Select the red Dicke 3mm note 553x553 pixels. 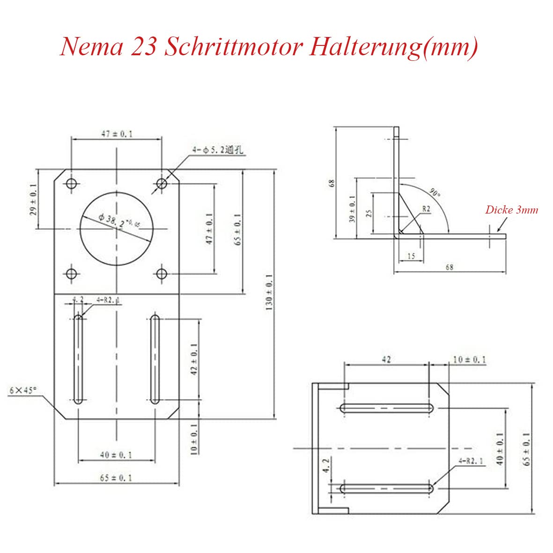coord(511,209)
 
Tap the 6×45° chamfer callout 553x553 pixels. coord(22,390)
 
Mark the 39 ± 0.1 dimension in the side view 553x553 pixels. coord(352,208)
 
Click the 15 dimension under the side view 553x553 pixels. coord(411,256)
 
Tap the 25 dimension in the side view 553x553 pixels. coord(369,213)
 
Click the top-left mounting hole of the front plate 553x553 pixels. coord(71,184)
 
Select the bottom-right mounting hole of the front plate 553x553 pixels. coord(162,273)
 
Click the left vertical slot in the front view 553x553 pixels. coord(78,359)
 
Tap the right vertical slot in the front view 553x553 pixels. coord(155,359)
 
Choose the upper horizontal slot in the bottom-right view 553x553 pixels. coord(387,408)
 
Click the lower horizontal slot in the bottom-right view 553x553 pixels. coord(387,488)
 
